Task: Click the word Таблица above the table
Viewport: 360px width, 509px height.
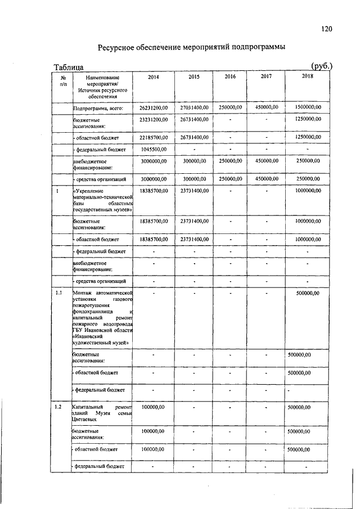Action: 69,67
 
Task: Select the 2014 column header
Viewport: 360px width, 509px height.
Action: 154,76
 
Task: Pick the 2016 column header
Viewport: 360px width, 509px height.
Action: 230,76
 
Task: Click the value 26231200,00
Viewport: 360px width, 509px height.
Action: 154,107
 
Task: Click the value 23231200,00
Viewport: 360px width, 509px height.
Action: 154,120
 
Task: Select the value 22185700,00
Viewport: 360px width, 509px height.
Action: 154,137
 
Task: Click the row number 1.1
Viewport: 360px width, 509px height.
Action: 58,293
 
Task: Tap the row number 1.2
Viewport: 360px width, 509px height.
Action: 58,406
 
